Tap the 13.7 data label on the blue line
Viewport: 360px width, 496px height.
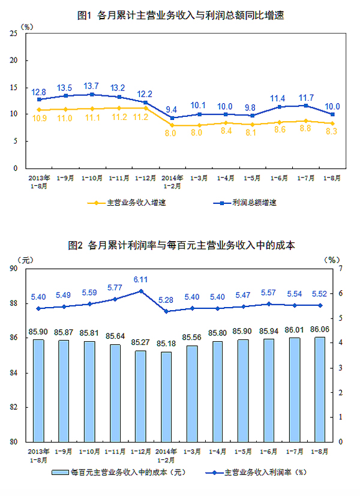[91, 86]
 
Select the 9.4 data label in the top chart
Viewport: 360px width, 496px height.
[171, 109]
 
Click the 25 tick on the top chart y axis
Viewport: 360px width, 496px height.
[13, 34]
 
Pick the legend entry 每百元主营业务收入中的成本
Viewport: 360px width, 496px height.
[125, 473]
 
